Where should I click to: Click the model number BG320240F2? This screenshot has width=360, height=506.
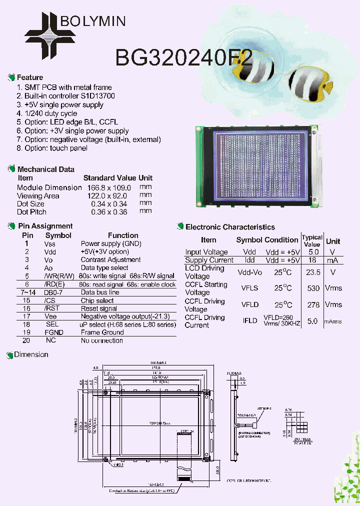(183, 58)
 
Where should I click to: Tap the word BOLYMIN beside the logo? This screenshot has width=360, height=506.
(92, 21)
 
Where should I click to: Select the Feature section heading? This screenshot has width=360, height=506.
(29, 77)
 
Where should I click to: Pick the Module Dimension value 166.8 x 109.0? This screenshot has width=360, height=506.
(107, 187)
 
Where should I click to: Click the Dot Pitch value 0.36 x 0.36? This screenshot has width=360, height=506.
(109, 212)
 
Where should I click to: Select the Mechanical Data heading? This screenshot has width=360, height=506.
(45, 169)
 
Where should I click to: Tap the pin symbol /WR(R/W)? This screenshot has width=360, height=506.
(58, 276)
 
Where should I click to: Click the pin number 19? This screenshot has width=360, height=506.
(27, 332)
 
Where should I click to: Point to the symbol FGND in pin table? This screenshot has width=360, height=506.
(54, 332)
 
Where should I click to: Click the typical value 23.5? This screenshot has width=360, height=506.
(312, 272)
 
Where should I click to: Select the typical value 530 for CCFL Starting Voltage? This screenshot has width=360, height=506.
(313, 288)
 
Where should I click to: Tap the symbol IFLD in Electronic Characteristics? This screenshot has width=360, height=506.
(249, 321)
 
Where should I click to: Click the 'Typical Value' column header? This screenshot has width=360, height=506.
(312, 241)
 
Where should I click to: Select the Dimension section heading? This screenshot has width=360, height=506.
(31, 355)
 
